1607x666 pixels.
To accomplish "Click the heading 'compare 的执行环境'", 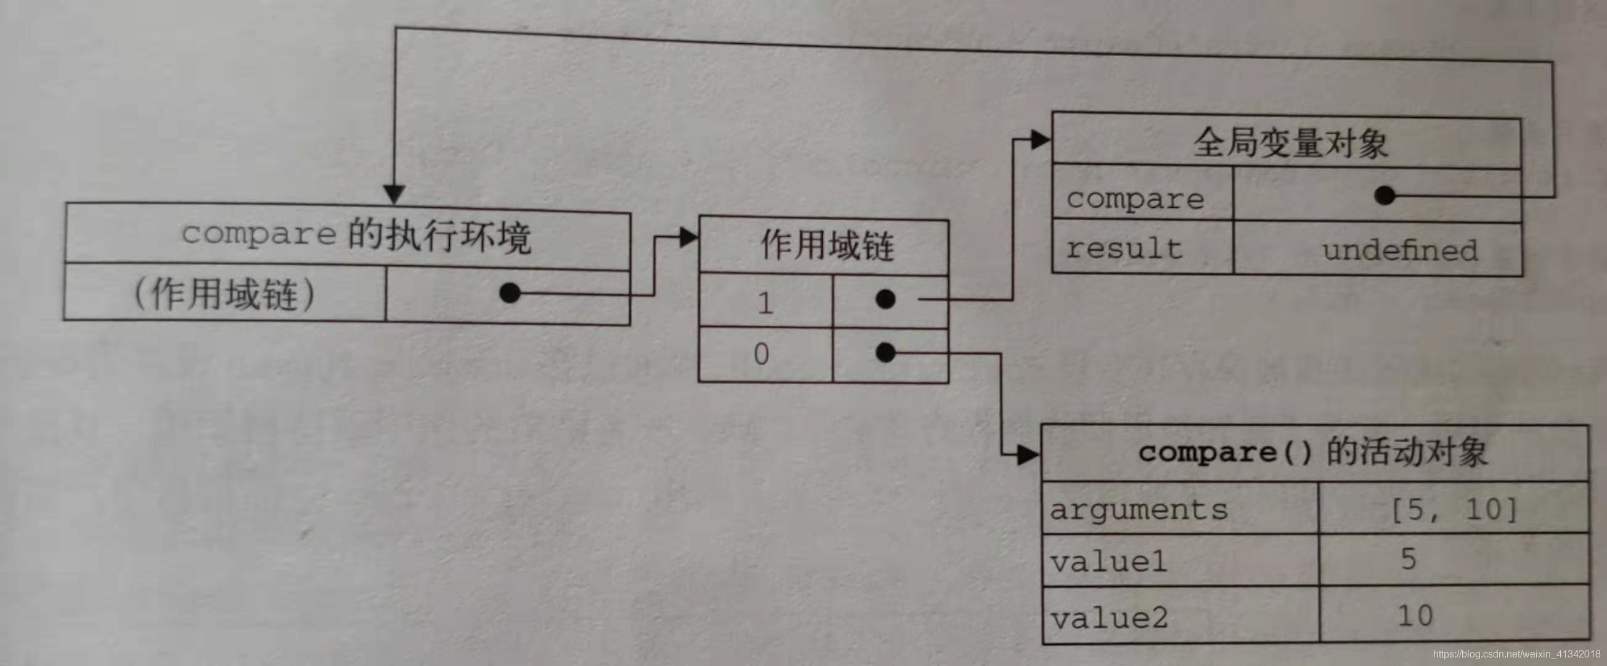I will tap(356, 236).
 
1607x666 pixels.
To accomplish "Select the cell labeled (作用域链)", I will tap(224, 294).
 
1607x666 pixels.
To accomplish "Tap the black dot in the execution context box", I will tap(510, 293).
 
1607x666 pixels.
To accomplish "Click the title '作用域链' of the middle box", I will tap(826, 245).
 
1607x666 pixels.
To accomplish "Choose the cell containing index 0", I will tap(762, 355).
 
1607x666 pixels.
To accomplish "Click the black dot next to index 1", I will tap(885, 299).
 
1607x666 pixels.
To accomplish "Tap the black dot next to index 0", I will tap(885, 353).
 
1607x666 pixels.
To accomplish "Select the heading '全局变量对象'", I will tap(1290, 143).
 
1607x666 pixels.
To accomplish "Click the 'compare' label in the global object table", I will tap(1135, 199).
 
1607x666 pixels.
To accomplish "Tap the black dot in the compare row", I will tap(1385, 196).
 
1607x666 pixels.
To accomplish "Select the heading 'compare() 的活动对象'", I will tap(1312, 452).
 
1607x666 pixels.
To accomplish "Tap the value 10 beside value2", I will tap(1415, 616).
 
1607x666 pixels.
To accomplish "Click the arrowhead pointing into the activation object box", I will tap(1028, 455).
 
